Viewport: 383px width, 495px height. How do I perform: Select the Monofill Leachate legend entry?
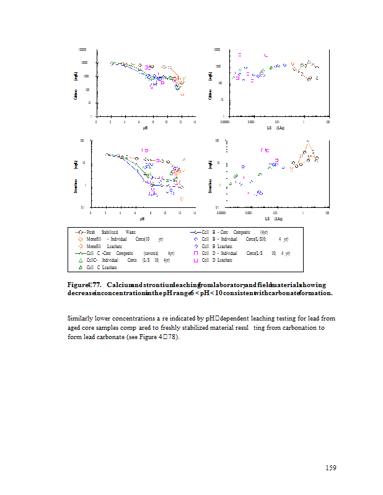[100, 246]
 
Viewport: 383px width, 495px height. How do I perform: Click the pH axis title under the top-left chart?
[145, 128]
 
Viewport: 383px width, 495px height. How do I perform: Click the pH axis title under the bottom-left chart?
[142, 218]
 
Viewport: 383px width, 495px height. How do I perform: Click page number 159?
[331, 468]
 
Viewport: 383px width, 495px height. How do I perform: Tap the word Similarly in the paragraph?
[81, 318]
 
